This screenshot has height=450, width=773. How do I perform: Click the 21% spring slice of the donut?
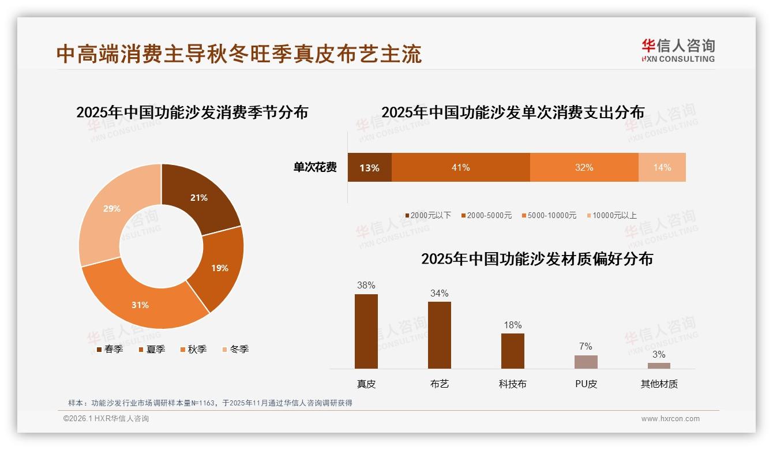click(x=199, y=197)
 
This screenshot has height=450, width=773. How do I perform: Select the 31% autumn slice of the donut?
click(x=140, y=304)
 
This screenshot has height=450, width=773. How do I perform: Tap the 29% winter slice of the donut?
click(x=112, y=208)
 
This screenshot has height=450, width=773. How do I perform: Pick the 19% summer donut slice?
click(x=219, y=268)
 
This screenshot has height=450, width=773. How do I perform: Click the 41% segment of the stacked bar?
click(x=460, y=167)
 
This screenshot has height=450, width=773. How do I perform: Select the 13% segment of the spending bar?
click(x=369, y=168)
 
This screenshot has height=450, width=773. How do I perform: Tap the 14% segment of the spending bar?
click(x=662, y=167)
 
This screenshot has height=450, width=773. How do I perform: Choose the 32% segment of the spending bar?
click(x=584, y=167)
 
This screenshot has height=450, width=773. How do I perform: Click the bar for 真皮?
click(x=366, y=331)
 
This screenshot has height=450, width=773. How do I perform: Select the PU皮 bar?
click(x=586, y=362)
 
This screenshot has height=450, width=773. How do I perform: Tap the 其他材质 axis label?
click(x=659, y=384)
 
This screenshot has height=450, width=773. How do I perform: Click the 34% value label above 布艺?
click(x=439, y=293)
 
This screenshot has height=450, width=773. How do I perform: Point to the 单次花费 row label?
click(x=315, y=167)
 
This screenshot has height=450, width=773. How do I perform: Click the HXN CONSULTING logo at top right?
click(x=678, y=51)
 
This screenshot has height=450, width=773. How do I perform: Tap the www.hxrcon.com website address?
click(x=670, y=419)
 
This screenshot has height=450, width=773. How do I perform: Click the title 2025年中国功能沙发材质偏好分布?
click(x=536, y=259)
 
